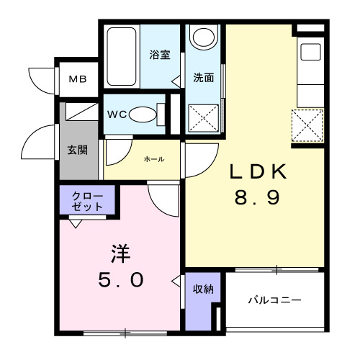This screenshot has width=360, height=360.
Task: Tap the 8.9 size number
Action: click(256, 197)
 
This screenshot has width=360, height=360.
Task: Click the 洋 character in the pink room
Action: click(119, 254)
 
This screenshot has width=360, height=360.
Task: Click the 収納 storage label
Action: click(202, 289)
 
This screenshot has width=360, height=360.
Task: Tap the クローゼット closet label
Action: click(86, 201)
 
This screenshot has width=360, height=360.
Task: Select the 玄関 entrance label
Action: click(78, 151)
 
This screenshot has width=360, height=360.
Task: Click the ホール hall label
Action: click(153, 159)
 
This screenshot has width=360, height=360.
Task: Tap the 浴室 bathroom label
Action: click(158, 55)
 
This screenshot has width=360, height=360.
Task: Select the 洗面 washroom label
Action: click(203, 78)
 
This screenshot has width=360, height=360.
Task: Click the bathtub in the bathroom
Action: click(124, 56)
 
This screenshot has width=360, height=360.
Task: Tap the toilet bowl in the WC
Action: click(145, 114)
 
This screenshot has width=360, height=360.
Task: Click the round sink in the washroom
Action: click(205, 37)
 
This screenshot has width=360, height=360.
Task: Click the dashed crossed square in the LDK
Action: click(307, 127)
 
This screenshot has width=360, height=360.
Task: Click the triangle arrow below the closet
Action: click(75, 222)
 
